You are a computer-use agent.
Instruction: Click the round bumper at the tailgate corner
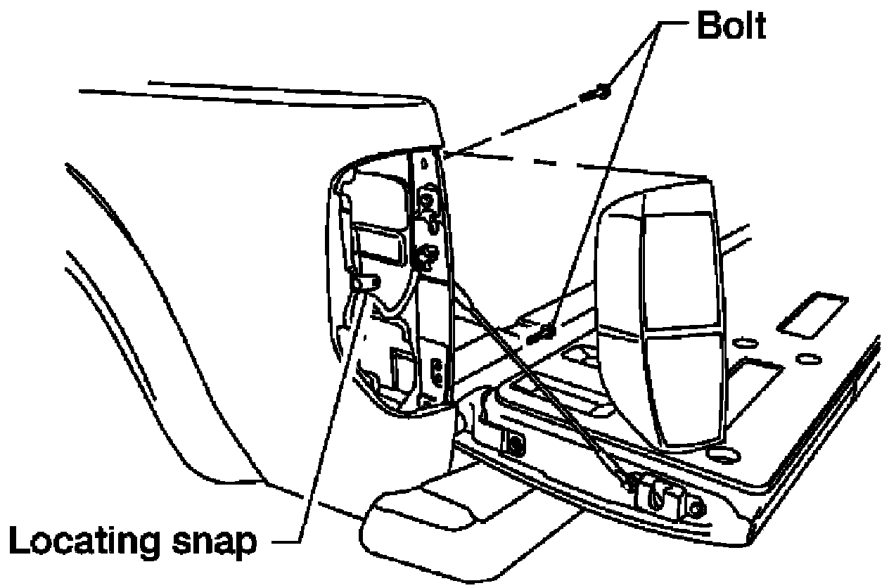pyautogui.click(x=696, y=507)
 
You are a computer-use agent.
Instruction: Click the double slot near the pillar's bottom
pyautogui.click(x=437, y=371)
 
